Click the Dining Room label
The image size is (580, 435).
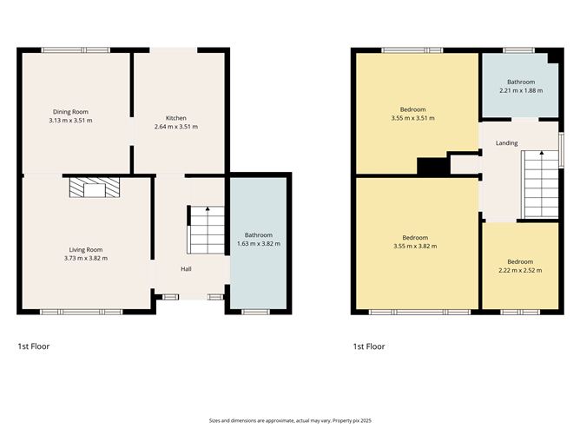[71, 111]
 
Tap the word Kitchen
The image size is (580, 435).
[176, 118]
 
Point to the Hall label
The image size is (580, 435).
[186, 269]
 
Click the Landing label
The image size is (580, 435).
[506, 143]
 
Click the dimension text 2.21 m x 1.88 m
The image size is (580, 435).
[520, 90]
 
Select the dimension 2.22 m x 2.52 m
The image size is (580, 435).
[520, 270]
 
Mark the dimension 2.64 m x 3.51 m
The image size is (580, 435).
[176, 127]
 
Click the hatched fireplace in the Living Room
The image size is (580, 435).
[87, 188]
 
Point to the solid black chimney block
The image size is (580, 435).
[432, 167]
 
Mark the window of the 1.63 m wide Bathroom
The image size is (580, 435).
[255, 311]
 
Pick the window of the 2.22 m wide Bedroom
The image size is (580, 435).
[519, 311]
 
